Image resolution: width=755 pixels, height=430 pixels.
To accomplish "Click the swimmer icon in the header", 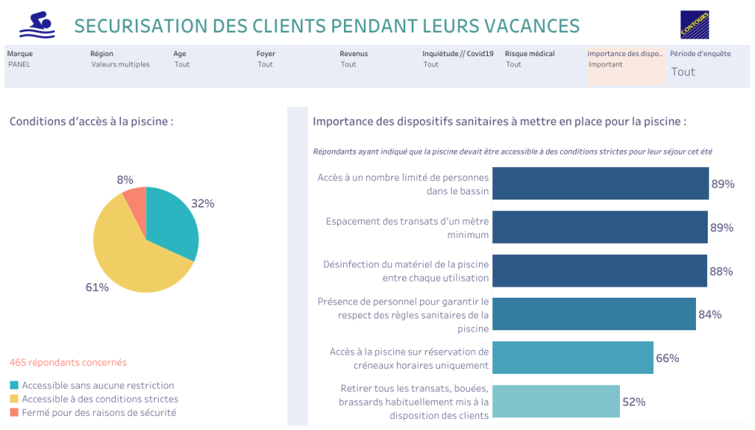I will [37, 24].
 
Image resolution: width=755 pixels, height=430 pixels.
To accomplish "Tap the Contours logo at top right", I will [694, 24].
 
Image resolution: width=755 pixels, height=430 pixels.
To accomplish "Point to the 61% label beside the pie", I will [97, 287].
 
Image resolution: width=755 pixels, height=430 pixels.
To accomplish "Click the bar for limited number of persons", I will [600, 183].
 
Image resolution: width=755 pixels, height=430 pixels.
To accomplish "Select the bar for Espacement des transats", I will [600, 227].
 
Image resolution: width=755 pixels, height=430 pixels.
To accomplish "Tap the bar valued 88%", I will [599, 270].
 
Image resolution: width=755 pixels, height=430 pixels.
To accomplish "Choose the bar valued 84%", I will [593, 314].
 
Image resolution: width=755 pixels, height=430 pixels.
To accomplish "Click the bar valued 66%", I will [573, 358].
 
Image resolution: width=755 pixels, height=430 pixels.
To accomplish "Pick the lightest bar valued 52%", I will [556, 401].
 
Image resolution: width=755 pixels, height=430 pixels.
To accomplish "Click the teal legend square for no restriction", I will [14, 385].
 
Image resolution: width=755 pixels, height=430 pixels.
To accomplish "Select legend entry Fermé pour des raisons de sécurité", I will [99, 412].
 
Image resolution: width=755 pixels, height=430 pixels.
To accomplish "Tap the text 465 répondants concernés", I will [68, 362].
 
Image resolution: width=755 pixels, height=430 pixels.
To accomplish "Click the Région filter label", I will [102, 53].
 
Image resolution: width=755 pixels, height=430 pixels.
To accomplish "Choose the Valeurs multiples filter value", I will [120, 64].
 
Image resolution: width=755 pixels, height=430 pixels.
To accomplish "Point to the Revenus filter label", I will [354, 53].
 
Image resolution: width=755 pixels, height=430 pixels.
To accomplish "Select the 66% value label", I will [667, 358].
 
